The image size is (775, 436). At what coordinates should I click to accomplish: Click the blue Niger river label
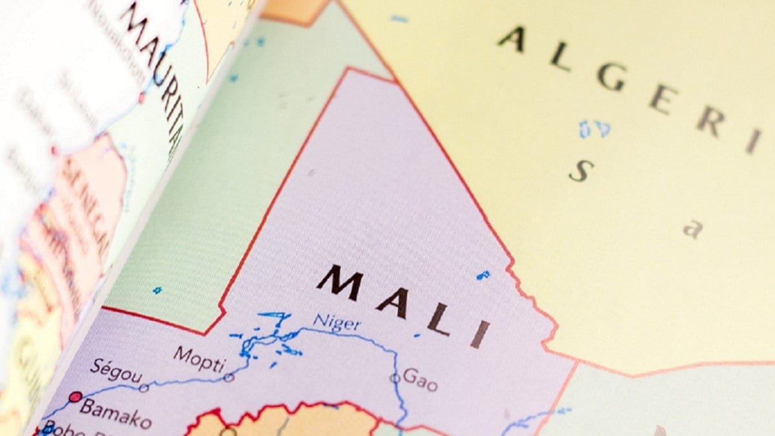point(336,321)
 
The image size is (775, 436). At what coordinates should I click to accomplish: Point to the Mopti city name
point(199,357)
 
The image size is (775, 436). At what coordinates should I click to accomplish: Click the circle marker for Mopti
point(228,377)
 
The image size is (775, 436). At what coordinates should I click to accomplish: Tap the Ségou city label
point(116,371)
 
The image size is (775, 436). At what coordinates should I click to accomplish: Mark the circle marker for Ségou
point(143,388)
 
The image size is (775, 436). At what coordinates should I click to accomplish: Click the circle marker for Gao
point(394,379)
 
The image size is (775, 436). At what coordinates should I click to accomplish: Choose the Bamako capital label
point(116,414)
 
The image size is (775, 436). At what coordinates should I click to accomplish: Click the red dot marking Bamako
point(75,397)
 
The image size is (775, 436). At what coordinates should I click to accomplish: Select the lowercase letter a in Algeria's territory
point(692,229)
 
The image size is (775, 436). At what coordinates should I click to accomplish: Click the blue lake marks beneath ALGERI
point(594,129)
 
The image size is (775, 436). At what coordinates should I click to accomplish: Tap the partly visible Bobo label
point(61,430)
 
